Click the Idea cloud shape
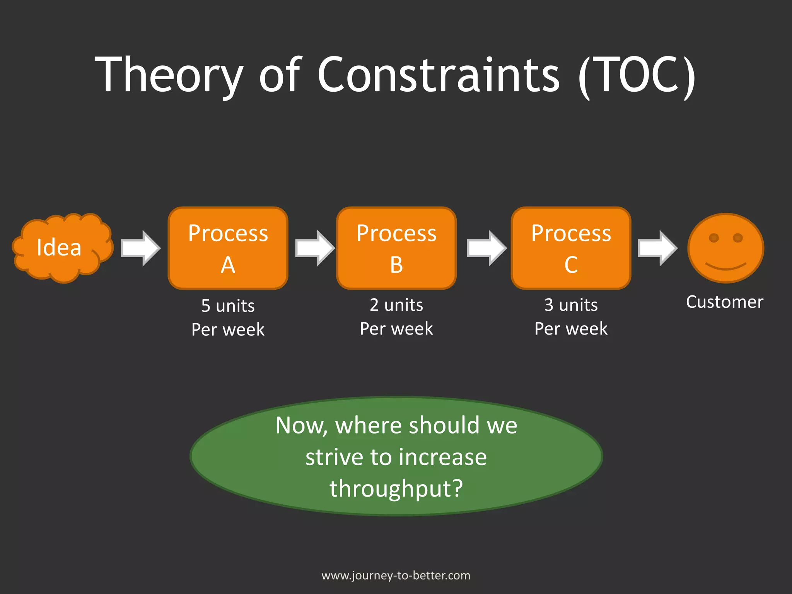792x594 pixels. (62, 247)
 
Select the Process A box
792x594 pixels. (228, 248)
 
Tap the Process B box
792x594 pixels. (396, 248)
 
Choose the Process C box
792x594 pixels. (571, 248)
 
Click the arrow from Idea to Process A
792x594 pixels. (140, 248)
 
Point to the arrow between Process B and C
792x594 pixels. (486, 248)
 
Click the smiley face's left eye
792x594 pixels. (714, 238)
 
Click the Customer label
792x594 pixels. (724, 302)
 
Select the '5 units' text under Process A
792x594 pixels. (228, 306)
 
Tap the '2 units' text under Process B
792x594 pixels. (396, 305)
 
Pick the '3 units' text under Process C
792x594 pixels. (571, 305)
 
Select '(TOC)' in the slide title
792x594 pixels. (637, 75)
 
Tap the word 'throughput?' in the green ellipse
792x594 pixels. (396, 488)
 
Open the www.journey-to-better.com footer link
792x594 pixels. (396, 575)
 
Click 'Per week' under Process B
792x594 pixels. (396, 329)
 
